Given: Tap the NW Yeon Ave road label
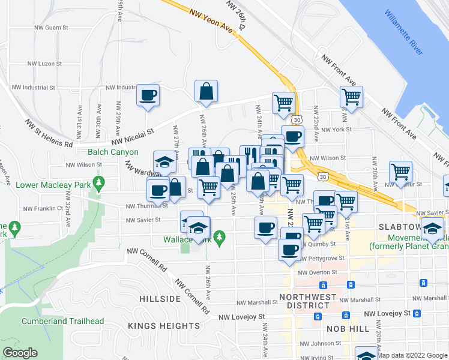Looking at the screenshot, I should click(209, 20).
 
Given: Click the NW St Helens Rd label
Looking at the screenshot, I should click(48, 133).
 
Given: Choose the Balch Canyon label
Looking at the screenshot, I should click(113, 152).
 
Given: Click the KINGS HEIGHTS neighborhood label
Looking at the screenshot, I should click(164, 326).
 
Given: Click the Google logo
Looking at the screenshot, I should click(19, 353).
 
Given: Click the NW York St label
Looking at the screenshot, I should click(336, 130).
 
